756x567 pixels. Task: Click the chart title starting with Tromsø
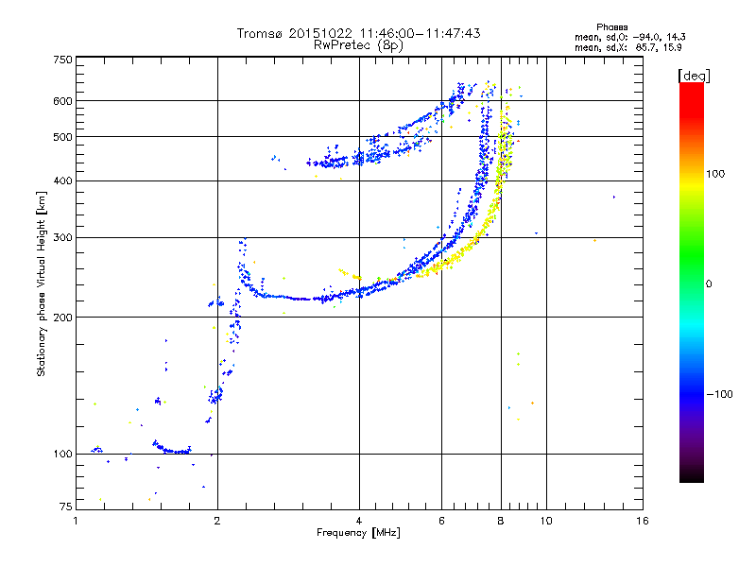pyautogui.click(x=358, y=33)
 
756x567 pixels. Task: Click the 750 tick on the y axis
pyautogui.click(x=63, y=60)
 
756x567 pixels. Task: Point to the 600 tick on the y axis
pyautogui.click(x=63, y=100)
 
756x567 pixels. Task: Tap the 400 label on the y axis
pyautogui.click(x=63, y=180)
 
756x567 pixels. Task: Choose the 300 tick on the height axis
pyautogui.click(x=63, y=237)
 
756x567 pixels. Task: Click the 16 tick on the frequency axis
pyautogui.click(x=643, y=521)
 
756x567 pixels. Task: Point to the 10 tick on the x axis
pyautogui.click(x=545, y=521)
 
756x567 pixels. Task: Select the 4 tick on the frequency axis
pyautogui.click(x=359, y=521)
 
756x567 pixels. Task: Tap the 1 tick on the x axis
pyautogui.click(x=76, y=521)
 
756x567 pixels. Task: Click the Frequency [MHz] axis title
pyautogui.click(x=358, y=533)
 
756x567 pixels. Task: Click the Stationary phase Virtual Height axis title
pyautogui.click(x=42, y=283)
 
